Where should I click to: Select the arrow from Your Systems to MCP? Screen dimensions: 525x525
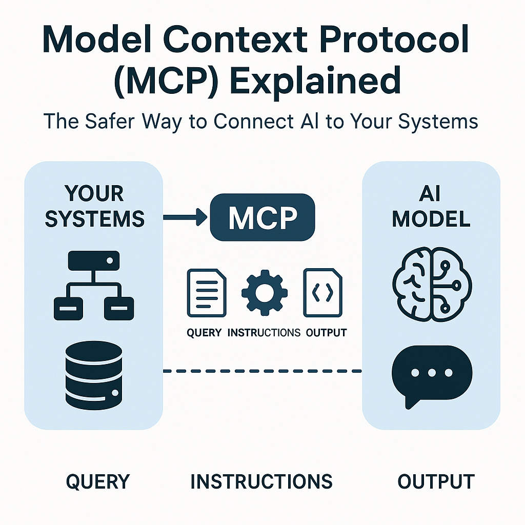(185, 217)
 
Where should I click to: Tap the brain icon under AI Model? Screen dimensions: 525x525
(430, 279)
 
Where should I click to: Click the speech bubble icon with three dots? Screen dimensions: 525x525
(431, 374)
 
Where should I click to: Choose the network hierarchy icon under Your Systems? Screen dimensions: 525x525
(94, 286)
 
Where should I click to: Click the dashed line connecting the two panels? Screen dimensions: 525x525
(262, 371)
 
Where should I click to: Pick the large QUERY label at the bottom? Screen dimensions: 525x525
(98, 482)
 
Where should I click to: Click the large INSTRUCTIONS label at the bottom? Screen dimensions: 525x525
(261, 482)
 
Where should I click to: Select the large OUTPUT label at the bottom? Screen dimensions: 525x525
(436, 482)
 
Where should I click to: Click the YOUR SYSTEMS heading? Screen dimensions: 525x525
(94, 206)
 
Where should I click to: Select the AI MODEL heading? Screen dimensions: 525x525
(431, 206)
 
